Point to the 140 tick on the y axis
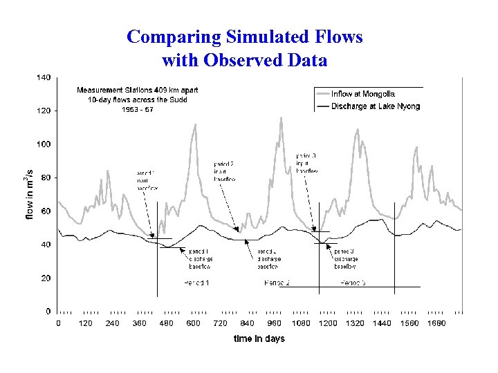click(43, 77)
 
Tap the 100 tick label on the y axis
click(43, 144)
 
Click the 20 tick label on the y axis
click(45, 278)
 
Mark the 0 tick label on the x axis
click(58, 323)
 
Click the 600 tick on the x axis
click(193, 323)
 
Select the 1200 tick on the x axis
click(328, 323)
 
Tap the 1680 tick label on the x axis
click(436, 323)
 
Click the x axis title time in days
click(259, 338)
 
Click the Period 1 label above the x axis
click(197, 283)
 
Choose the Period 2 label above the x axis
click(277, 283)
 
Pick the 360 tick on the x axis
click(139, 323)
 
